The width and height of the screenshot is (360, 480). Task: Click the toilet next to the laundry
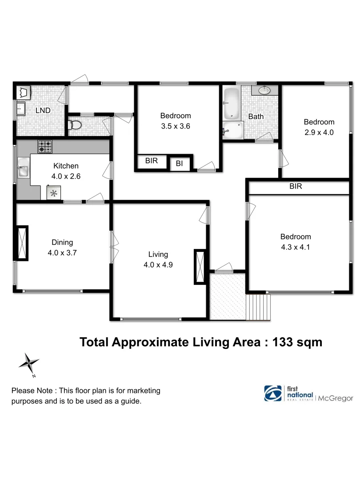tap(75, 125)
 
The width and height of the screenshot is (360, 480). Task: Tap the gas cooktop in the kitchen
tap(44, 146)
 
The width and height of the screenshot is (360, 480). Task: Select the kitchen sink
tap(22, 169)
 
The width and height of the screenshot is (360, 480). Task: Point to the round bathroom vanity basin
tap(264, 90)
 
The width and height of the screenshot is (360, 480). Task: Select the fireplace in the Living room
tap(200, 267)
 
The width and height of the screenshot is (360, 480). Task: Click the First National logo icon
tap(273, 393)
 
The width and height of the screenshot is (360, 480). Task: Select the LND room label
tap(43, 110)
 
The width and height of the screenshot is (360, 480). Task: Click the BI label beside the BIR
tap(180, 164)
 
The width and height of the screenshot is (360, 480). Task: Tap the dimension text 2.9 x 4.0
tap(319, 132)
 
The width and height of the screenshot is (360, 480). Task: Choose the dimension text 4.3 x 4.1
tap(296, 247)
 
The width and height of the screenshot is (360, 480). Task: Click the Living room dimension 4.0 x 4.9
tap(158, 265)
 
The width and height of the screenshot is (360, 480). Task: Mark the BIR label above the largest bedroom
tap(296, 187)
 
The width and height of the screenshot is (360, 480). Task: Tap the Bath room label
tap(256, 116)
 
